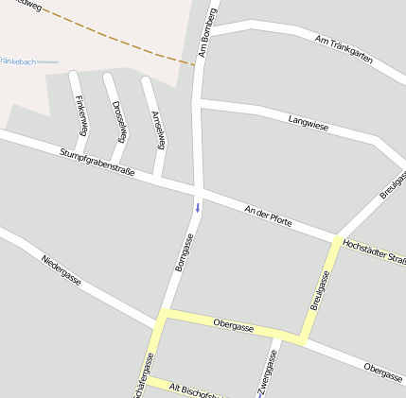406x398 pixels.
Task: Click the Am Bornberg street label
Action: pos(210,31)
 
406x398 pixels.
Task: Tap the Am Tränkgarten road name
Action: pos(343,51)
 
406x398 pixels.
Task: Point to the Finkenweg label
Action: pos(81,115)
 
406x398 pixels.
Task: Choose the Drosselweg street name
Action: pos(118,120)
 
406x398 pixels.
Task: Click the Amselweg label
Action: pos(158,130)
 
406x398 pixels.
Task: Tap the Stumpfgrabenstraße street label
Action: pos(97,163)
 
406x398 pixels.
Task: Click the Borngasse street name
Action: pos(185,252)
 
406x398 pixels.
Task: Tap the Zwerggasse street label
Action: pos(269,372)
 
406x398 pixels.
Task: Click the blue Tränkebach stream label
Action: pos(19,61)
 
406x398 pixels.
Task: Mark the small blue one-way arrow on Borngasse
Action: pos(198,206)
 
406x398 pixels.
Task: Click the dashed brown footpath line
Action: pos(114,37)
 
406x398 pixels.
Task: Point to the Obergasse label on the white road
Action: pos(382,372)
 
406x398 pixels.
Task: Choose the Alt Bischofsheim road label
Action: pos(194,389)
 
